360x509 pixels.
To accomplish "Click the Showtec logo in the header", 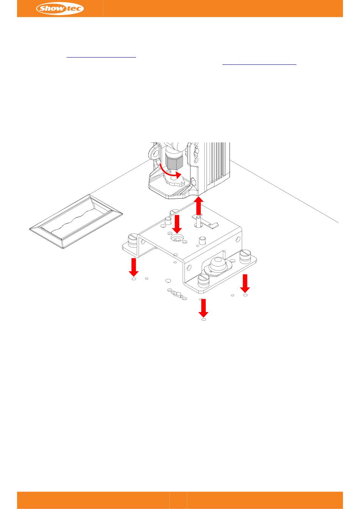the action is pyautogui.click(x=60, y=9).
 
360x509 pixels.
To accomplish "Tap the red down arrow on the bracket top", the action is pyautogui.click(x=177, y=224).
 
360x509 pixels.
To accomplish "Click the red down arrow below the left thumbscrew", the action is pyautogui.click(x=134, y=267).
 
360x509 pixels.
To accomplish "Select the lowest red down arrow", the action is pyautogui.click(x=203, y=308).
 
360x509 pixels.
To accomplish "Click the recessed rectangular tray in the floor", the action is pyautogui.click(x=76, y=221).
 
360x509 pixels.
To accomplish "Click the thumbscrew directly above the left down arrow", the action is pyautogui.click(x=133, y=240).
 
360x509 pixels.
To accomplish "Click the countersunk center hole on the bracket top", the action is pyautogui.click(x=177, y=239).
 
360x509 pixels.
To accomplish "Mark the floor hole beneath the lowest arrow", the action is pyautogui.click(x=204, y=320).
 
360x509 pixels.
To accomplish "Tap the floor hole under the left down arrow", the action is pyautogui.click(x=134, y=279).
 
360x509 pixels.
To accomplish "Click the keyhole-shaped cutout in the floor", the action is pyautogui.click(x=177, y=295).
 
